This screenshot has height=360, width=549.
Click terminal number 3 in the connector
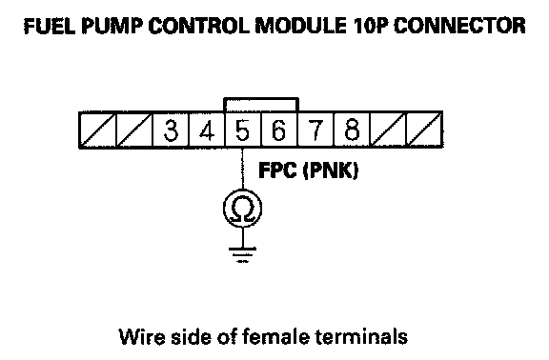[171, 130]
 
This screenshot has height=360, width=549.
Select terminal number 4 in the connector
[207, 130]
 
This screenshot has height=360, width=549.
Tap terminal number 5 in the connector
[243, 130]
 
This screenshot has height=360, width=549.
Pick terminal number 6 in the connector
[279, 130]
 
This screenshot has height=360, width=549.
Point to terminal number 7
[315, 130]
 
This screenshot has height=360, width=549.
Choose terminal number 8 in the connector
[352, 130]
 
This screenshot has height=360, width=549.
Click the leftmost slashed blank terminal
[98, 130]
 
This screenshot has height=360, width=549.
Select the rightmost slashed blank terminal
[424, 130]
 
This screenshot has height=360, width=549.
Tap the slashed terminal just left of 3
[134, 130]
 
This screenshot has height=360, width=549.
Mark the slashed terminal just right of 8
[388, 130]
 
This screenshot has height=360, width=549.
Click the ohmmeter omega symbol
[243, 210]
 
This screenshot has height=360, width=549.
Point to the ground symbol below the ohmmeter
[242, 255]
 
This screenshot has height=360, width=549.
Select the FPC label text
[277, 170]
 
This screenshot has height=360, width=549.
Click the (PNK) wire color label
[330, 170]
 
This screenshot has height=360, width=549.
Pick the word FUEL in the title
[50, 26]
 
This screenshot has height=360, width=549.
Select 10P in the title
[371, 26]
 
